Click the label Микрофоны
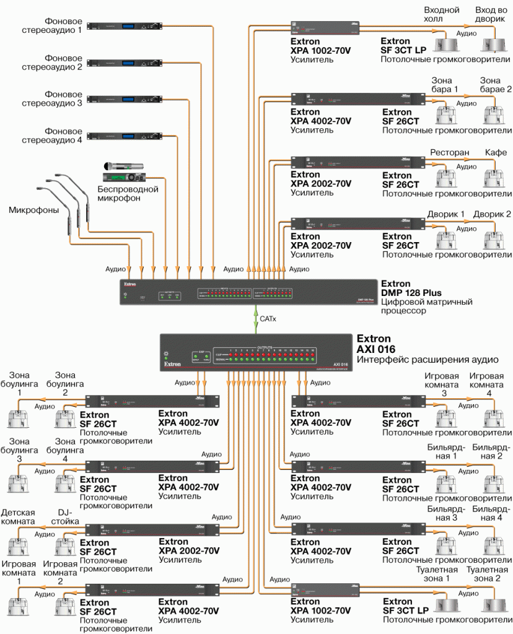[x=33, y=210]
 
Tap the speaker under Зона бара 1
[x=447, y=115]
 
